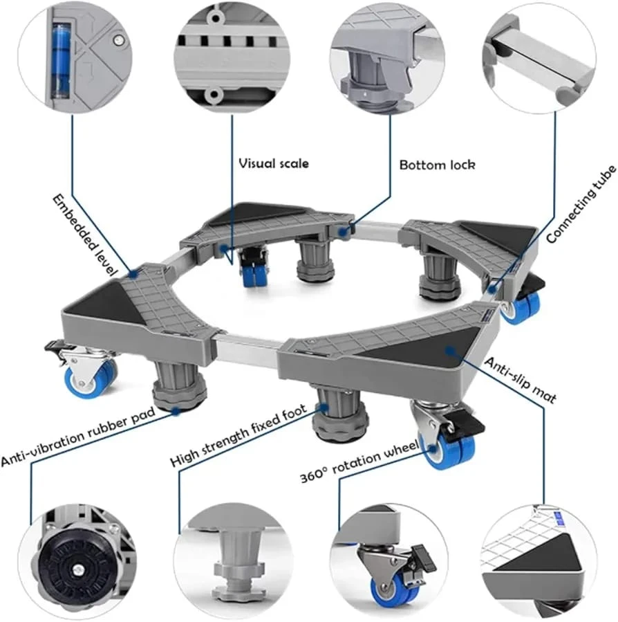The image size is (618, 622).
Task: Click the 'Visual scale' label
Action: [274, 164]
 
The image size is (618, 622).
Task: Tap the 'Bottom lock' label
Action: [437, 165]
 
